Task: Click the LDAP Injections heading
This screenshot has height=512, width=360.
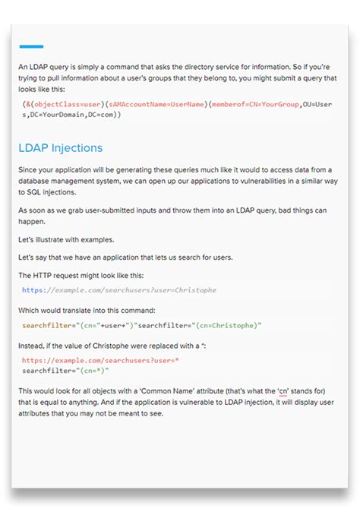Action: coord(60,147)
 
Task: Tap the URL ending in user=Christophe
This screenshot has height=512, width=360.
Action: coord(118,289)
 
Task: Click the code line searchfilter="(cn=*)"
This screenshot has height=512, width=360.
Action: coord(65,370)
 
